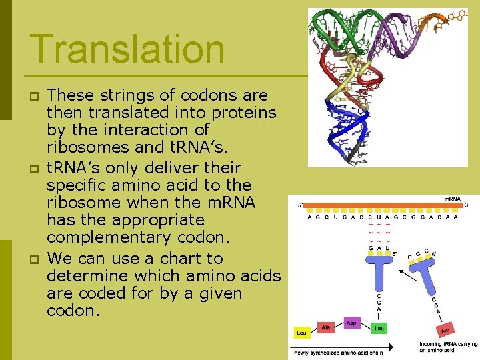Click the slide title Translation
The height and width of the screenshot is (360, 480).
tap(127, 49)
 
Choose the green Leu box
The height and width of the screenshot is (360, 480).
tap(379, 328)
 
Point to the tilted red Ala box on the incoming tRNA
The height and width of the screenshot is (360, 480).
tap(444, 329)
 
